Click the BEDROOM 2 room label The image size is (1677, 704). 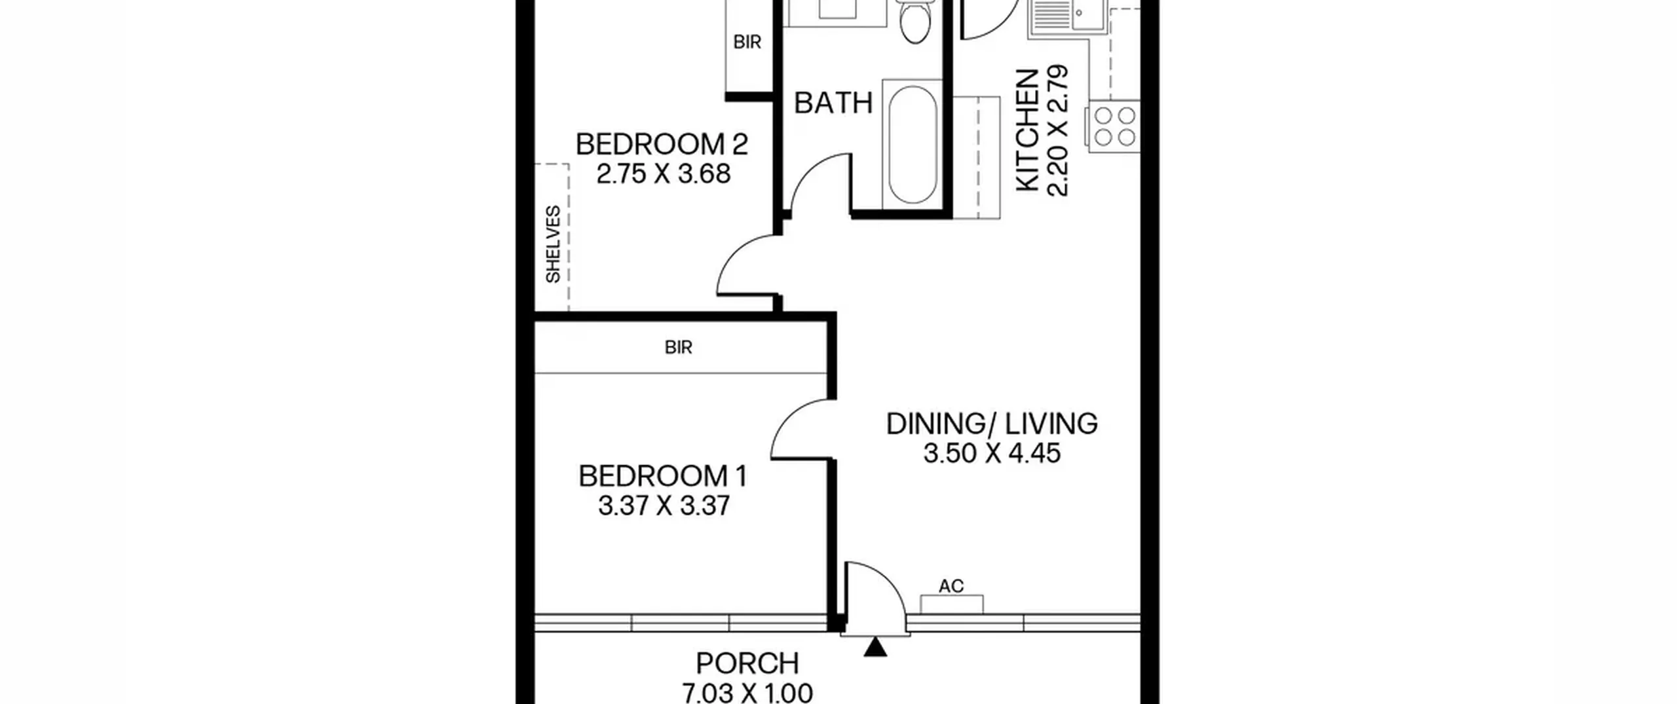point(662,144)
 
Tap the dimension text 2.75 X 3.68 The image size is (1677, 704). point(664,174)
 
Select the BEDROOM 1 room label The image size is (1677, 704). point(663,476)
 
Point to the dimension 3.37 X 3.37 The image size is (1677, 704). point(664,506)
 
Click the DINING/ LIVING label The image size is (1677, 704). point(992,424)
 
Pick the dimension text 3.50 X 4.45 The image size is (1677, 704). point(992,453)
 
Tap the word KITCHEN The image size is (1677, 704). point(1027,131)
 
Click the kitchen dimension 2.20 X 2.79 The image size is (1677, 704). point(1057,130)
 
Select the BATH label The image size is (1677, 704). point(833,103)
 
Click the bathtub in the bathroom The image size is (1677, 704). point(913,144)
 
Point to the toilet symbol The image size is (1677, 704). point(914,20)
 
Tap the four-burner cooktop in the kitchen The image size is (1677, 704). point(1114,126)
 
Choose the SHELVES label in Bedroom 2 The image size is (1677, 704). point(553,244)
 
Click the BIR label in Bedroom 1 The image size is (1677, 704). point(678,347)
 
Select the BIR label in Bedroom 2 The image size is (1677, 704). point(747,43)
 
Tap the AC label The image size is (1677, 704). point(951,585)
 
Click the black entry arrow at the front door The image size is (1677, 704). point(875,647)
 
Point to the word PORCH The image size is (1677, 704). point(747,663)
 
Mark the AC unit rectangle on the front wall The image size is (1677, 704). point(951,604)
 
